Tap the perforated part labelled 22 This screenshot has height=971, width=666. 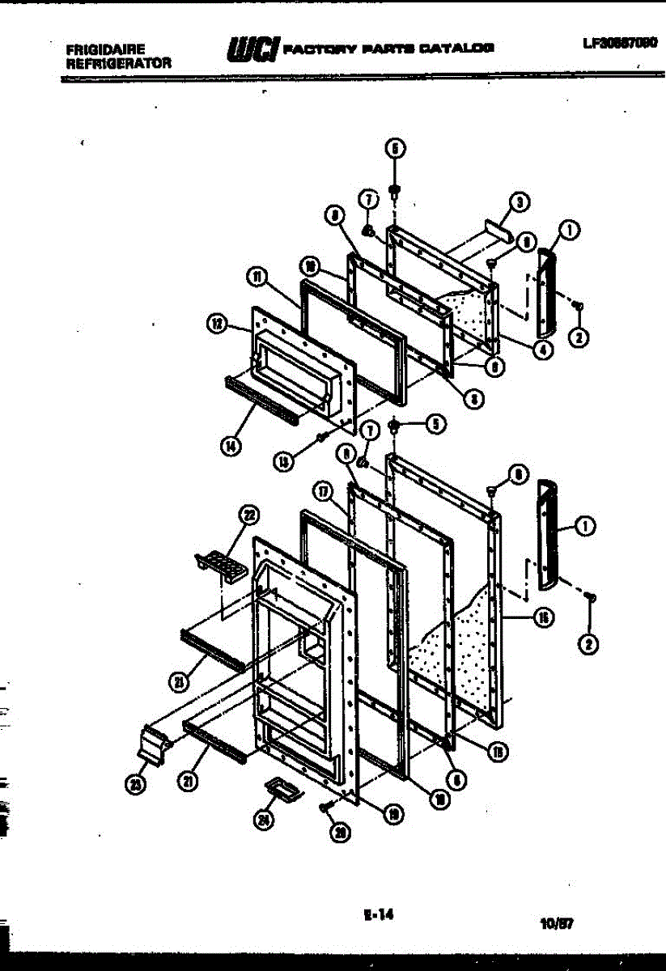point(220,564)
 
